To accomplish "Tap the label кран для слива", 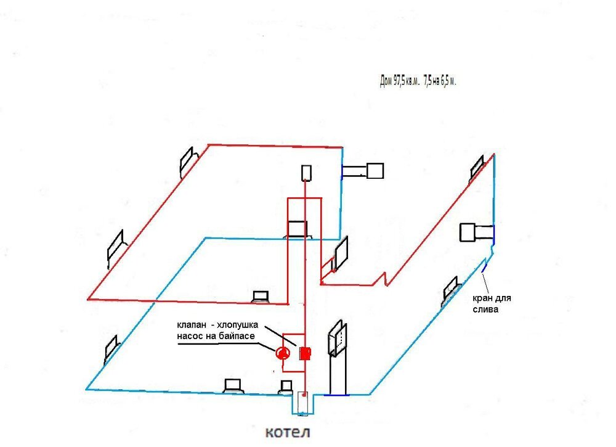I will (492, 304).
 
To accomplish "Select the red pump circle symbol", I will (282, 353).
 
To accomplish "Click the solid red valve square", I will (305, 353).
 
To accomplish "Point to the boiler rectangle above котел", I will (303, 403).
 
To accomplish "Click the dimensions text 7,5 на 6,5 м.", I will (440, 81).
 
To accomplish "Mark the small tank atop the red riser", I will (306, 173).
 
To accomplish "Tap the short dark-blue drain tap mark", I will (485, 267).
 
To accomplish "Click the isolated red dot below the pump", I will (275, 371).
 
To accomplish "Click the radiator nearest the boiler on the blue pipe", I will (286, 387).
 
